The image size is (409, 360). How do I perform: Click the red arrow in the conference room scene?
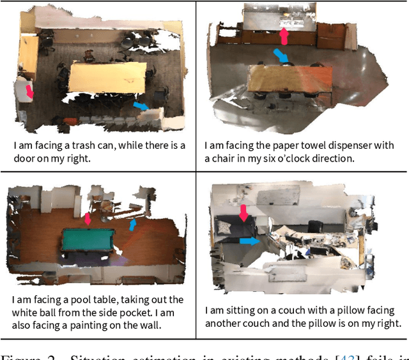tap(29, 93)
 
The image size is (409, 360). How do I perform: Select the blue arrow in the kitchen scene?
tap(281, 57)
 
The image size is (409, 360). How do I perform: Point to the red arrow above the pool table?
tap(88, 219)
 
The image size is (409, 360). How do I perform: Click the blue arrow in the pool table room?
tap(132, 225)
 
